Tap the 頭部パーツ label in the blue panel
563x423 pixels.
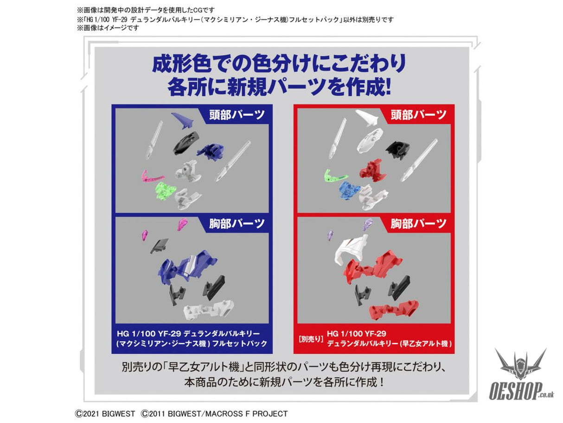click(237, 115)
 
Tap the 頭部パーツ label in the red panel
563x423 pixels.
click(418, 115)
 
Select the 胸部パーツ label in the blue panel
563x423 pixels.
click(237, 224)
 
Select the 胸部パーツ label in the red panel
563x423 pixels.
click(418, 224)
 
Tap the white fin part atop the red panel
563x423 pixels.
click(366, 117)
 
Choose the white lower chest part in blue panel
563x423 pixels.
click(208, 309)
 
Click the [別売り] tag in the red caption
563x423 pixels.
click(311, 339)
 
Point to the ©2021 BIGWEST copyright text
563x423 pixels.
click(105, 414)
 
